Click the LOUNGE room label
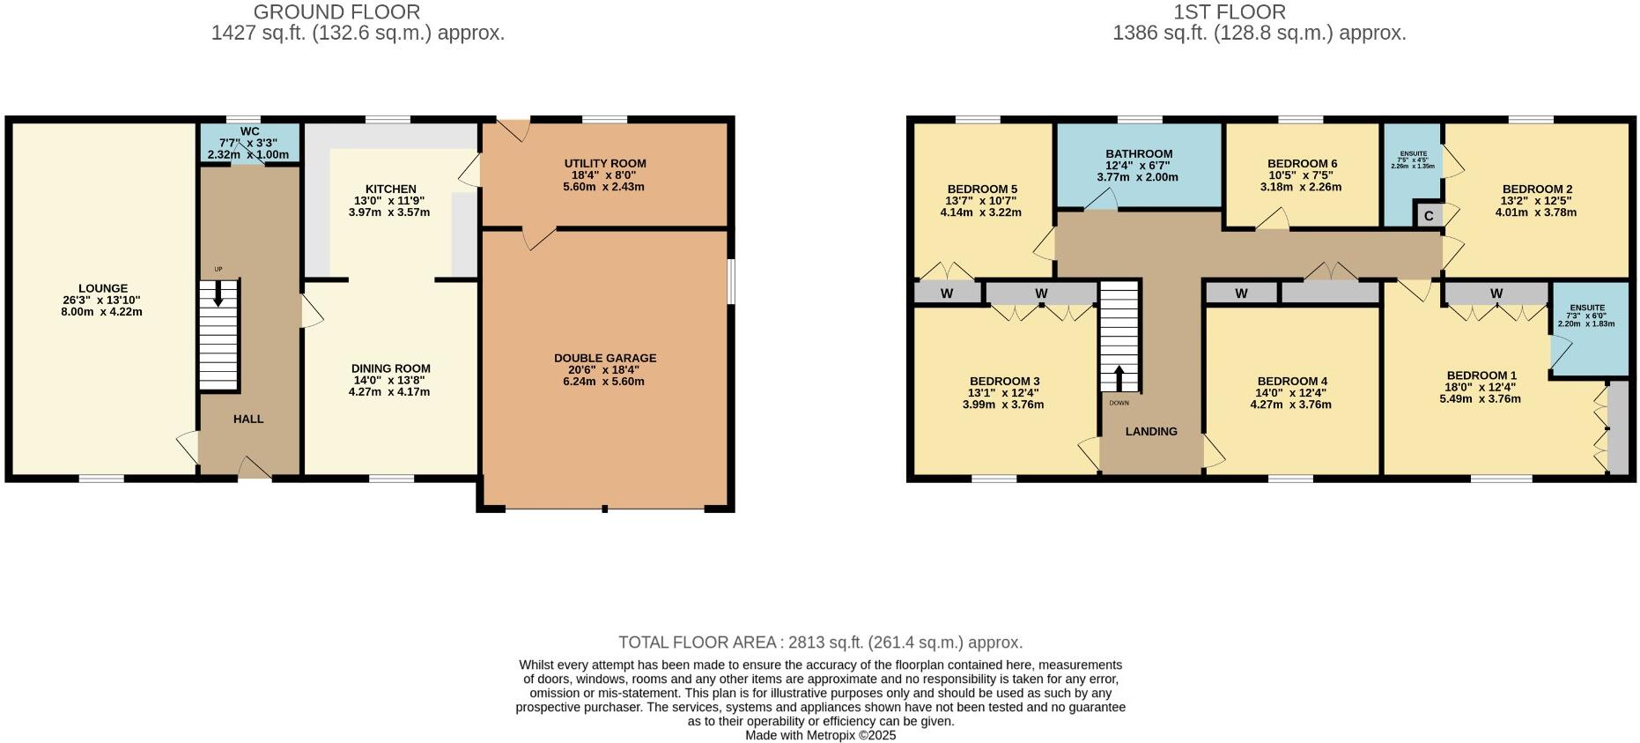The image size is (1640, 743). (103, 288)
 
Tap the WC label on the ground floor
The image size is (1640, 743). (249, 131)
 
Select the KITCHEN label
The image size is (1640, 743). (390, 189)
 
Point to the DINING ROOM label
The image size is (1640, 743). (390, 368)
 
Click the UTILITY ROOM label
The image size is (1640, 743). (605, 163)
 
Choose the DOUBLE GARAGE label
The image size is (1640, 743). (605, 358)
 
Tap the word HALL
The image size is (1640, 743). (248, 419)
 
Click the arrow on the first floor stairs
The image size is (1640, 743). (1119, 378)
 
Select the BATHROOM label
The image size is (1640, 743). (1139, 153)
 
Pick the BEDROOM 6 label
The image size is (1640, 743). (1302, 163)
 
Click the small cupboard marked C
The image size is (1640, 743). (1429, 216)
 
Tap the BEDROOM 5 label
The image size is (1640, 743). (982, 189)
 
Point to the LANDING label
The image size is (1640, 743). (1151, 431)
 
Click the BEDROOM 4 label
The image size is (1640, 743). (1292, 381)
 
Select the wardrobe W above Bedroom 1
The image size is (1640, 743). (1496, 293)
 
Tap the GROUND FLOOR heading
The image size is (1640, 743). (336, 12)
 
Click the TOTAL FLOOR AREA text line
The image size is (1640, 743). (820, 643)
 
